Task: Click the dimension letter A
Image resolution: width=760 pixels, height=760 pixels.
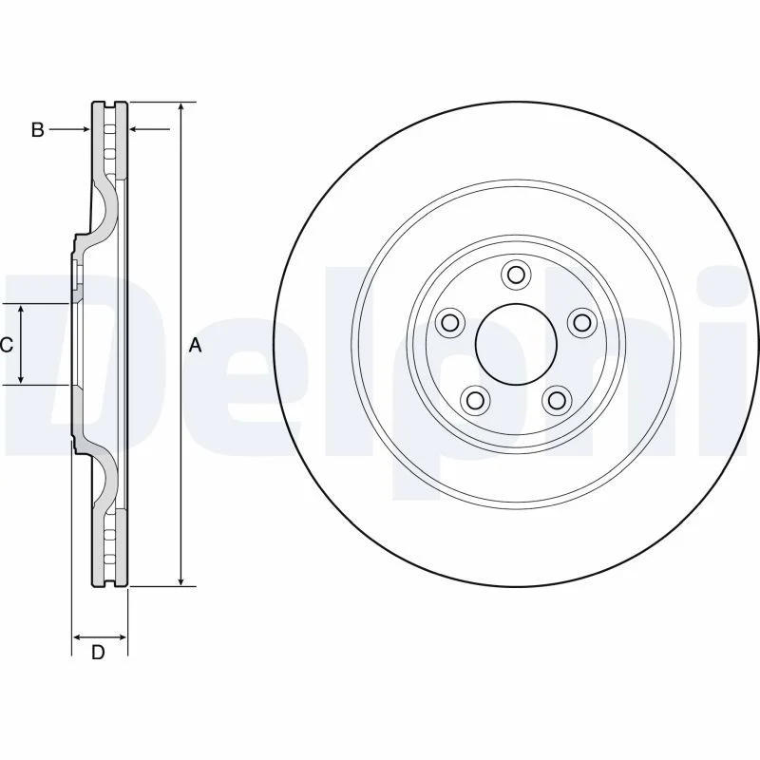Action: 195,346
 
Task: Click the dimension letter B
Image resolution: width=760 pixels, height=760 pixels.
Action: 37,130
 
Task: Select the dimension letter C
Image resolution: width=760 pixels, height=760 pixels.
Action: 6,345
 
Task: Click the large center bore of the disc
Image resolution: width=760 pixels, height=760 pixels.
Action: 516,344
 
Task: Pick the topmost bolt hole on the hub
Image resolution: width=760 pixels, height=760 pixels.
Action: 516,275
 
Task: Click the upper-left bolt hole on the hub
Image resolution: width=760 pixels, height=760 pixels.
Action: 450,322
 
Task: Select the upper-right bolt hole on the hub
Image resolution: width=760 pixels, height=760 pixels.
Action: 582,322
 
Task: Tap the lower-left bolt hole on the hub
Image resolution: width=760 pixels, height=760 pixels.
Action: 476,400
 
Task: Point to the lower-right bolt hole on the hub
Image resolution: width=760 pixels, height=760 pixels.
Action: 557,400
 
